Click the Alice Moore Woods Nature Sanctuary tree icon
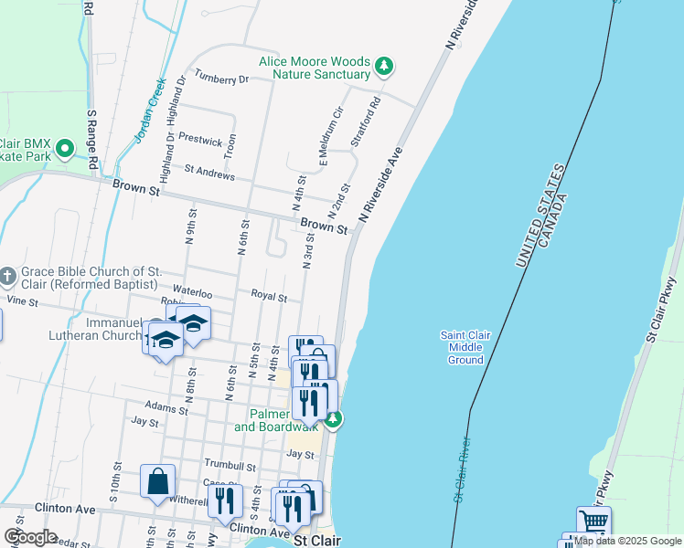click(385, 66)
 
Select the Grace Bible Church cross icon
click(7, 276)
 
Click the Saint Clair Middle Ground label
click(465, 347)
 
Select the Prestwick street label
click(200, 142)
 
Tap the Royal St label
click(269, 297)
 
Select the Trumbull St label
click(229, 466)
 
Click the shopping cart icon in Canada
click(594, 522)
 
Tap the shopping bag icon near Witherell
click(157, 480)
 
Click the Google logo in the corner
click(30, 537)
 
